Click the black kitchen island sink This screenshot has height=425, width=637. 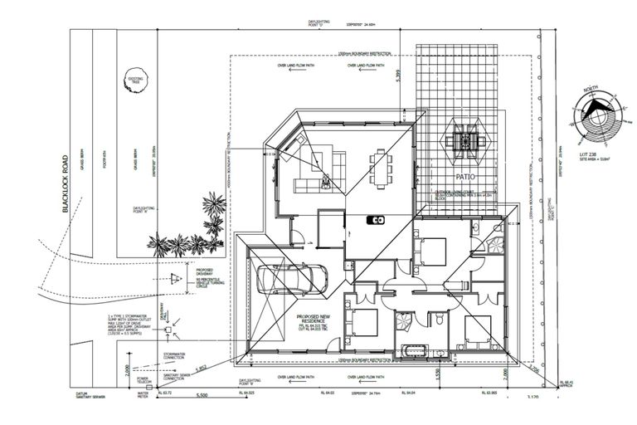376,220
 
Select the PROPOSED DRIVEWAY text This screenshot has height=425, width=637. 207,272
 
